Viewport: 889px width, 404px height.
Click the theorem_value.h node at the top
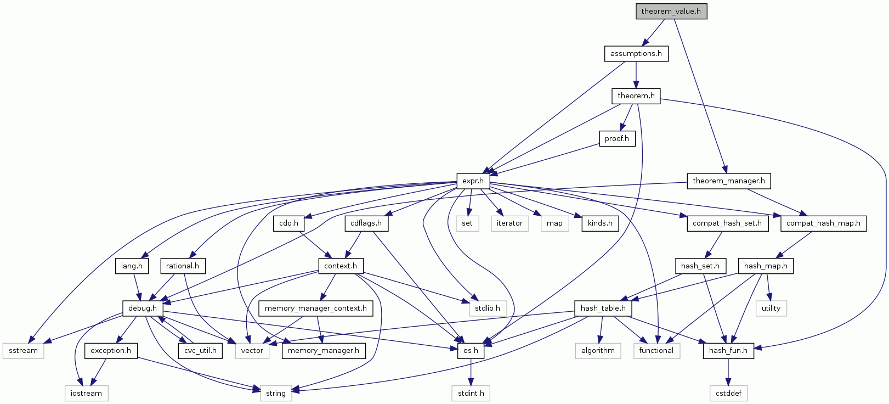671,11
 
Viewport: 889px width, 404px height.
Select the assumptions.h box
636,54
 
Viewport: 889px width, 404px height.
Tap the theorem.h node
636,96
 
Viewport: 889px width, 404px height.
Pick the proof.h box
616,139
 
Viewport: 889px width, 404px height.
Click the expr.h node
473,181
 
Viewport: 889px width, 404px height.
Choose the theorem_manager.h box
728,181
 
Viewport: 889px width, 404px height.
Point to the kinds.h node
600,223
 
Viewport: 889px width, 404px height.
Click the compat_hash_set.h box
727,223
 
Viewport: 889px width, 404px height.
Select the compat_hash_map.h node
823,223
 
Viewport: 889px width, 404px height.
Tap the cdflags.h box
366,223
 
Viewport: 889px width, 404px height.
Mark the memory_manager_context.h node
315,308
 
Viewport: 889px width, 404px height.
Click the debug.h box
142,308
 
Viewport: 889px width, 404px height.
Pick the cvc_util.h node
200,351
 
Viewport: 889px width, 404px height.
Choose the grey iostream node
86,394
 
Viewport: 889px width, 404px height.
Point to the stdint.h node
471,394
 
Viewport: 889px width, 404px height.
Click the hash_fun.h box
728,351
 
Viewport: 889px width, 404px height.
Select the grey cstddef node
728,394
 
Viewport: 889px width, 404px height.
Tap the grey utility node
771,308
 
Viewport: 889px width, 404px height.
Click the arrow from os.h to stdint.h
471,372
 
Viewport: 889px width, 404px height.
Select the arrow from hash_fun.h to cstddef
728,372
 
